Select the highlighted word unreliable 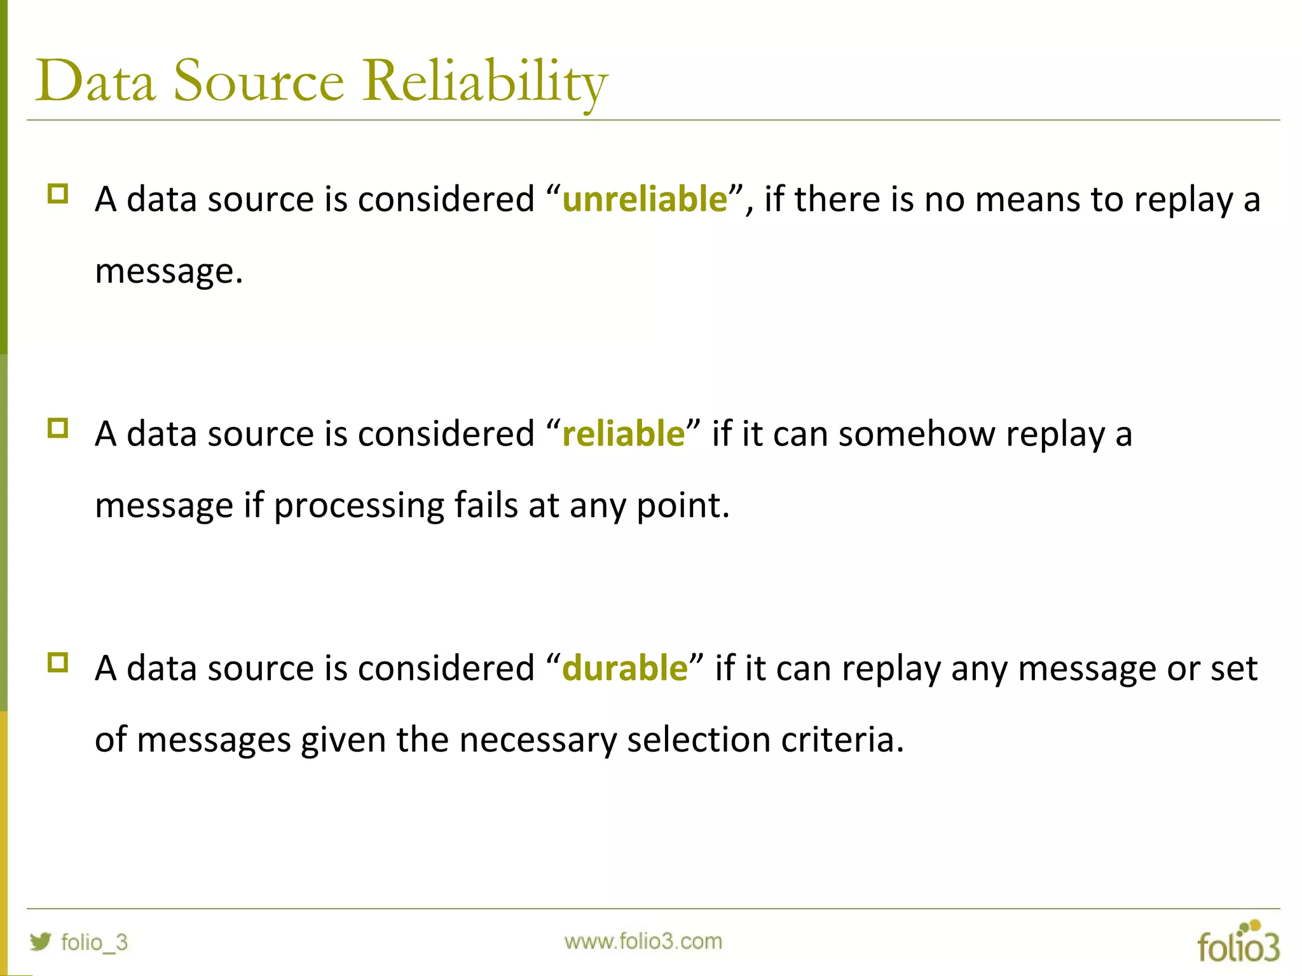tap(645, 199)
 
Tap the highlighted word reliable tap(623, 434)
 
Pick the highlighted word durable tap(625, 668)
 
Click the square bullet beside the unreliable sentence tap(58, 194)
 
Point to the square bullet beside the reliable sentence tap(58, 428)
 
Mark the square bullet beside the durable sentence tap(58, 663)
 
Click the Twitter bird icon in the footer tap(41, 941)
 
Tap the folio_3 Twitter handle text tap(94, 942)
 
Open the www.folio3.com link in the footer tap(643, 941)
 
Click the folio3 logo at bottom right tap(1238, 943)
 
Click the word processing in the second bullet tap(359, 506)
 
